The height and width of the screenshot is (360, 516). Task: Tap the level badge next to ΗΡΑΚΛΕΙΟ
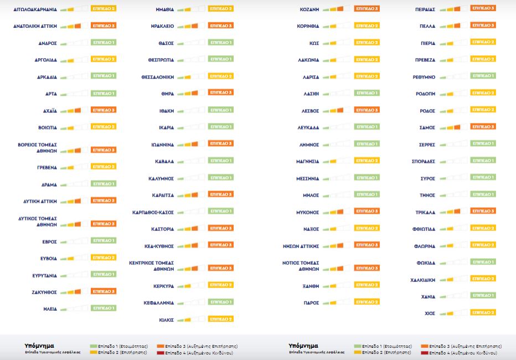pos(220,26)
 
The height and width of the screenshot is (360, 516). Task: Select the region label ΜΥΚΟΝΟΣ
pos(307,212)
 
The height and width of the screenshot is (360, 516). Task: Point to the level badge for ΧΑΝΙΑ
pos(483,296)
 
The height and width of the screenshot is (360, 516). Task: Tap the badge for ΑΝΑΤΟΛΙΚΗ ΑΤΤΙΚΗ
pos(104,26)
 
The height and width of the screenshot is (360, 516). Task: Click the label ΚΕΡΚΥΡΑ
pos(164,286)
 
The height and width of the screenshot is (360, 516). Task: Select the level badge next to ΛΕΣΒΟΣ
pos(367,110)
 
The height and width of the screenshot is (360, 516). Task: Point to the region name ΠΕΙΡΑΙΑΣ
pos(425,9)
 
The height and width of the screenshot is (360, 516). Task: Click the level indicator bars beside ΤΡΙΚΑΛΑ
pos(450,212)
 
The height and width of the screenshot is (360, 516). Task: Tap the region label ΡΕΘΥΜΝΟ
pos(424,77)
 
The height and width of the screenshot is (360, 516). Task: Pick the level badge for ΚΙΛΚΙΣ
pos(220,319)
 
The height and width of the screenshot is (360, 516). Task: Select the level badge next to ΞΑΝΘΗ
pos(367,285)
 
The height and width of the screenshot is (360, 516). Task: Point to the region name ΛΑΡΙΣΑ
pos(310,77)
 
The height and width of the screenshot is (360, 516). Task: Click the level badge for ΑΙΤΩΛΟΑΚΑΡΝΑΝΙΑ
pos(104,9)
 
